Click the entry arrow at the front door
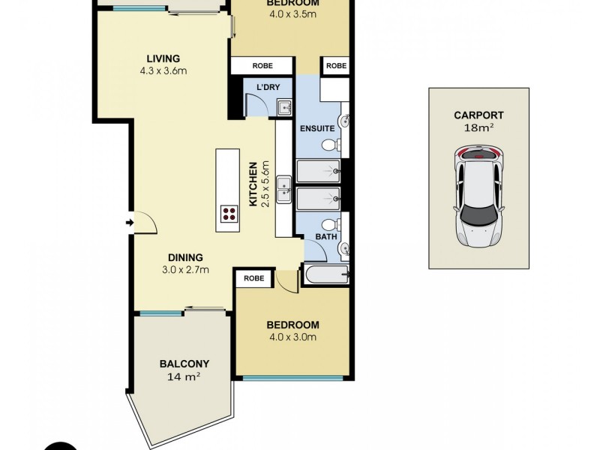pyautogui.click(x=129, y=223)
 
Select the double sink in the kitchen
pyautogui.click(x=283, y=190)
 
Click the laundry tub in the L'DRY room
pyautogui.click(x=285, y=108)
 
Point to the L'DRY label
pyautogui.click(x=268, y=88)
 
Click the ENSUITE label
pyautogui.click(x=317, y=129)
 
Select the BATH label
pyautogui.click(x=325, y=238)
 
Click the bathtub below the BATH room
pyautogui.click(x=325, y=275)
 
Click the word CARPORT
pyautogui.click(x=478, y=115)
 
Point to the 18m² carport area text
pyautogui.click(x=478, y=127)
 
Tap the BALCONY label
pyautogui.click(x=184, y=364)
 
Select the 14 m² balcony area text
pyautogui.click(x=184, y=377)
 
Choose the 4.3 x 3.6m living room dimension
pyautogui.click(x=163, y=71)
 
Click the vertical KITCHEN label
pyautogui.click(x=254, y=184)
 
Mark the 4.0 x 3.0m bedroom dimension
pyautogui.click(x=292, y=337)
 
